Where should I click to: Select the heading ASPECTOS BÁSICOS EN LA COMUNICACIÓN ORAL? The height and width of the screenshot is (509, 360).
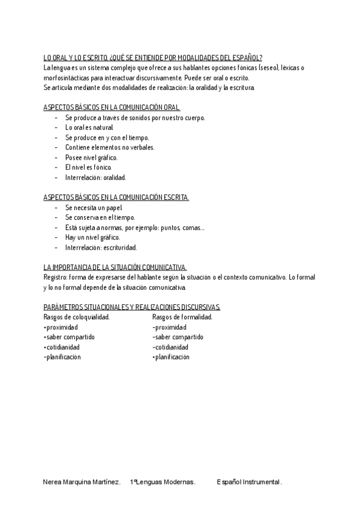tap(112, 108)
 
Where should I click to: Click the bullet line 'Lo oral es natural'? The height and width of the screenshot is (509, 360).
tap(89, 128)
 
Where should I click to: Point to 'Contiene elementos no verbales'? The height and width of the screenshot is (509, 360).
tap(110, 148)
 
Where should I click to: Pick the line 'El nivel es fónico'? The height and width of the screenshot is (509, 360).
tap(88, 167)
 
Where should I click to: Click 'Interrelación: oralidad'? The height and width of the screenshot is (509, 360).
tap(96, 178)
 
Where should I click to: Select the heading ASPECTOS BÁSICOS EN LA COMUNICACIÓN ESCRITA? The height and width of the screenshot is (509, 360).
tap(116, 197)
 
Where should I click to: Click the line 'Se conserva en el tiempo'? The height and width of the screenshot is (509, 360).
tap(100, 217)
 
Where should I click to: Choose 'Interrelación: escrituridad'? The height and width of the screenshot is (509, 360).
tap(101, 247)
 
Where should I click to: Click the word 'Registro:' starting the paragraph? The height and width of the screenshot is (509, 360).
tap(55, 277)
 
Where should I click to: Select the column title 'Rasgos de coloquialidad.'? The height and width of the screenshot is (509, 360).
tap(77, 317)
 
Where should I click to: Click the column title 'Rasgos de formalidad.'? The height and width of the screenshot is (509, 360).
tap(182, 317)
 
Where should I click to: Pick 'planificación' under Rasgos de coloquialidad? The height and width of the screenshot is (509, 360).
tap(62, 357)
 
